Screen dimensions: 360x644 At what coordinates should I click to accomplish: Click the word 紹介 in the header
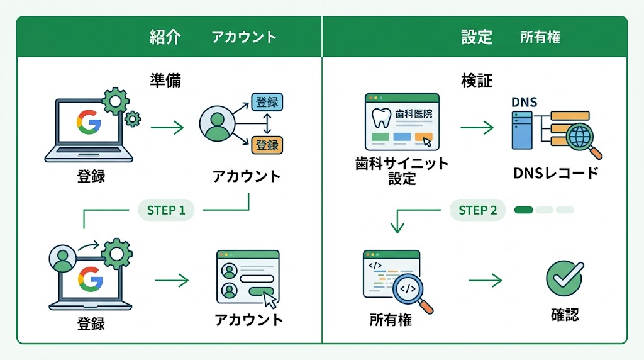click(165, 37)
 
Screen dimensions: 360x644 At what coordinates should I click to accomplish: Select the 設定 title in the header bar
click(476, 37)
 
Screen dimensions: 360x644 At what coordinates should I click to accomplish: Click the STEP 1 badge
click(166, 210)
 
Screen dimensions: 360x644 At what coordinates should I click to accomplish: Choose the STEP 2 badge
click(478, 210)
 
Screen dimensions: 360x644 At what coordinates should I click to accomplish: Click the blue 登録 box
click(267, 102)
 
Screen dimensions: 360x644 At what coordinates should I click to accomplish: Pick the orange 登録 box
click(267, 145)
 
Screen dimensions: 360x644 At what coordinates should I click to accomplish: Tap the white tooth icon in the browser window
click(381, 118)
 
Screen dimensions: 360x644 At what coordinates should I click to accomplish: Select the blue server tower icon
click(522, 130)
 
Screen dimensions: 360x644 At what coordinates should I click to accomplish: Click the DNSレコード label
click(555, 173)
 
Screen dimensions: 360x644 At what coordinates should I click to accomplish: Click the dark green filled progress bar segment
click(523, 210)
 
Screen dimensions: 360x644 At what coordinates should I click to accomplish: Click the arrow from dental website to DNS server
click(477, 128)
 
